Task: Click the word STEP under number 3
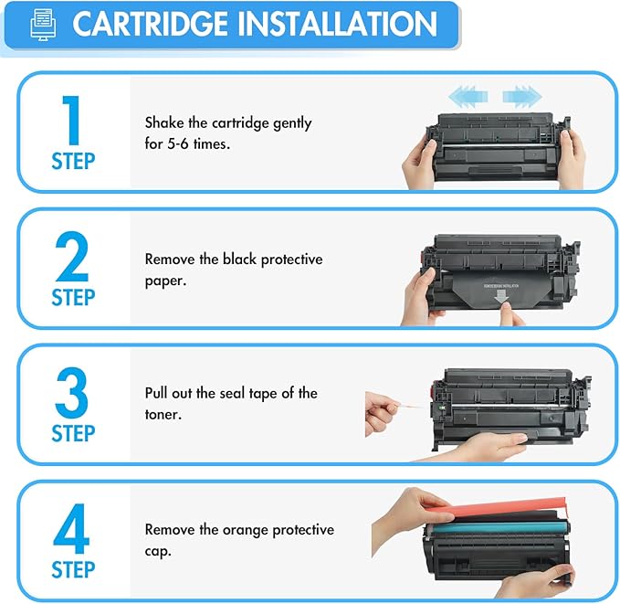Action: pyautogui.click(x=72, y=432)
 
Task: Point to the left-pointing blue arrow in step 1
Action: pyautogui.click(x=466, y=93)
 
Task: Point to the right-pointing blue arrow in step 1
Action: pyautogui.click(x=521, y=93)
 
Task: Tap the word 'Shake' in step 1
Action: pyautogui.click(x=165, y=122)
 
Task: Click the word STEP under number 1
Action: pyautogui.click(x=72, y=161)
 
